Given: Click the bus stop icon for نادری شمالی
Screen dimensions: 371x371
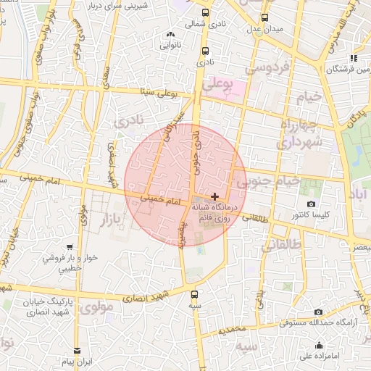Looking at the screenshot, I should click(206, 12).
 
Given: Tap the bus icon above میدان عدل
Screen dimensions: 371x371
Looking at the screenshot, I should click(264, 17).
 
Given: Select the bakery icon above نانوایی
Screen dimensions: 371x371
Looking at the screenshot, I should click(171, 34).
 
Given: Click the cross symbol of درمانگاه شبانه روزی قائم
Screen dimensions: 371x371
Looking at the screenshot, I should click(214, 196).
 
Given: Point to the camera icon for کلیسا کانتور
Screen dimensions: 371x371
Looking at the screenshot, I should click(312, 204).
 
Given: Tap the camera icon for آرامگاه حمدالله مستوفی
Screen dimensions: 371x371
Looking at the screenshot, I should click(318, 312).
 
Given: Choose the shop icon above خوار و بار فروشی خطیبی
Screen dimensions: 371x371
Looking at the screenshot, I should click(69, 247).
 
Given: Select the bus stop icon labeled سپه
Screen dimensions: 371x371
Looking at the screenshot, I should click(194, 294).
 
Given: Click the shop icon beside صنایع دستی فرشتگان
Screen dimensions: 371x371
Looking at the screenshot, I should click(353, 58).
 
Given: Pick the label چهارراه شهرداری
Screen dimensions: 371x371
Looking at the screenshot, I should click(304, 138).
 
